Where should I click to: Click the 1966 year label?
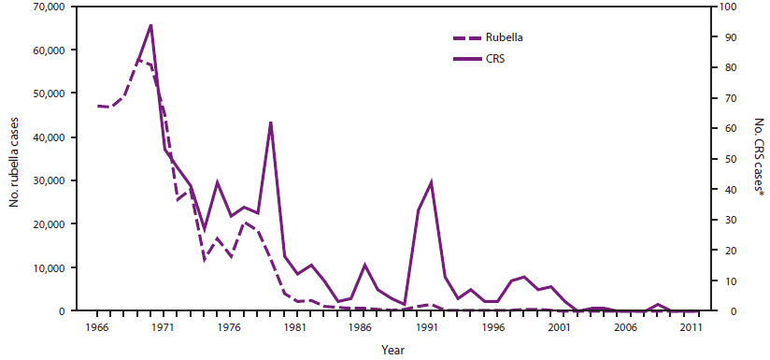click(96, 327)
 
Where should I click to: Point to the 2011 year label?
click(692, 327)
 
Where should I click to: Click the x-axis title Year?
click(393, 349)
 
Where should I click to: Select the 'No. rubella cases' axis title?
click(17, 158)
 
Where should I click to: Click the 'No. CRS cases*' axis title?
click(758, 158)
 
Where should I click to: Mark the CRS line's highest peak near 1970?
click(150, 25)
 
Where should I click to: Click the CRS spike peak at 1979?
click(271, 122)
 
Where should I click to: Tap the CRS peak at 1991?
click(431, 181)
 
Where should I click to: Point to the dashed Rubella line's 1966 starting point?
click(97, 106)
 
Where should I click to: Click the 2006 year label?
click(625, 327)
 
